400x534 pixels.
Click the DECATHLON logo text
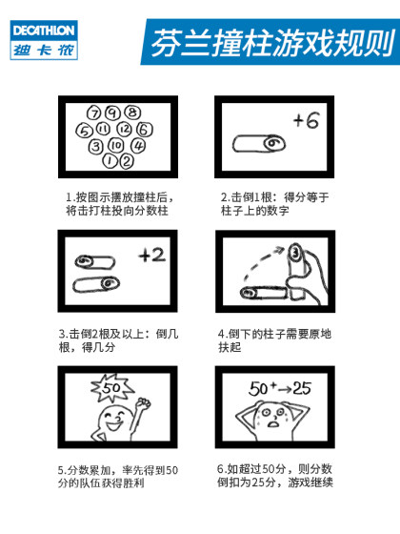click(x=44, y=30)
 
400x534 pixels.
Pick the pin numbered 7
click(x=95, y=113)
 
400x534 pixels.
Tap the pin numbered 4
click(x=138, y=146)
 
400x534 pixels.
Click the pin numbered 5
click(x=84, y=130)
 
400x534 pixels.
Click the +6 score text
click(x=305, y=121)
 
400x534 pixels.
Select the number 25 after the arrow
click(x=303, y=389)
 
